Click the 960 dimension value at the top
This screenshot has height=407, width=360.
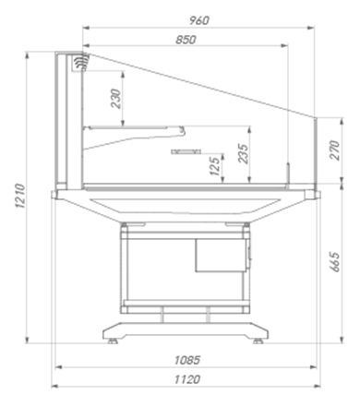199,20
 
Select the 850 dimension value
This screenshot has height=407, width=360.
186,40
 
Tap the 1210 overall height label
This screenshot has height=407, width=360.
19,196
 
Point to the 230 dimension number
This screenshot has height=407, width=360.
116,99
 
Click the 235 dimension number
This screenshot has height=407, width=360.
243,153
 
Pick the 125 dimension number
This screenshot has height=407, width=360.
215,166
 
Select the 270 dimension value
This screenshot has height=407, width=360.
334,150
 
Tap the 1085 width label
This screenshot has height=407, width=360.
187,360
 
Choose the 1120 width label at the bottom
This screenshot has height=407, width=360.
187,379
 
